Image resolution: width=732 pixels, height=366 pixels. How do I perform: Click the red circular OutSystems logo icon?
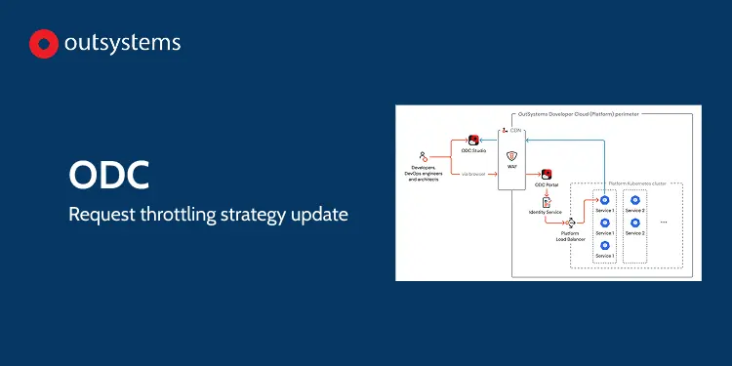click(x=44, y=44)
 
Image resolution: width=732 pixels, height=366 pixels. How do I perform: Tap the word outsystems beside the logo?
click(x=122, y=44)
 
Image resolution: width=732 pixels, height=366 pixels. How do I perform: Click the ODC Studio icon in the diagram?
click(x=473, y=141)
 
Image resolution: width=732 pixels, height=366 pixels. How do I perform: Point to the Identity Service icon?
click(x=546, y=200)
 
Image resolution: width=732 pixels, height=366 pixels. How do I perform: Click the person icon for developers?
click(x=423, y=156)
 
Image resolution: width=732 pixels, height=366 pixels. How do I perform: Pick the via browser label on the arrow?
click(x=473, y=174)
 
